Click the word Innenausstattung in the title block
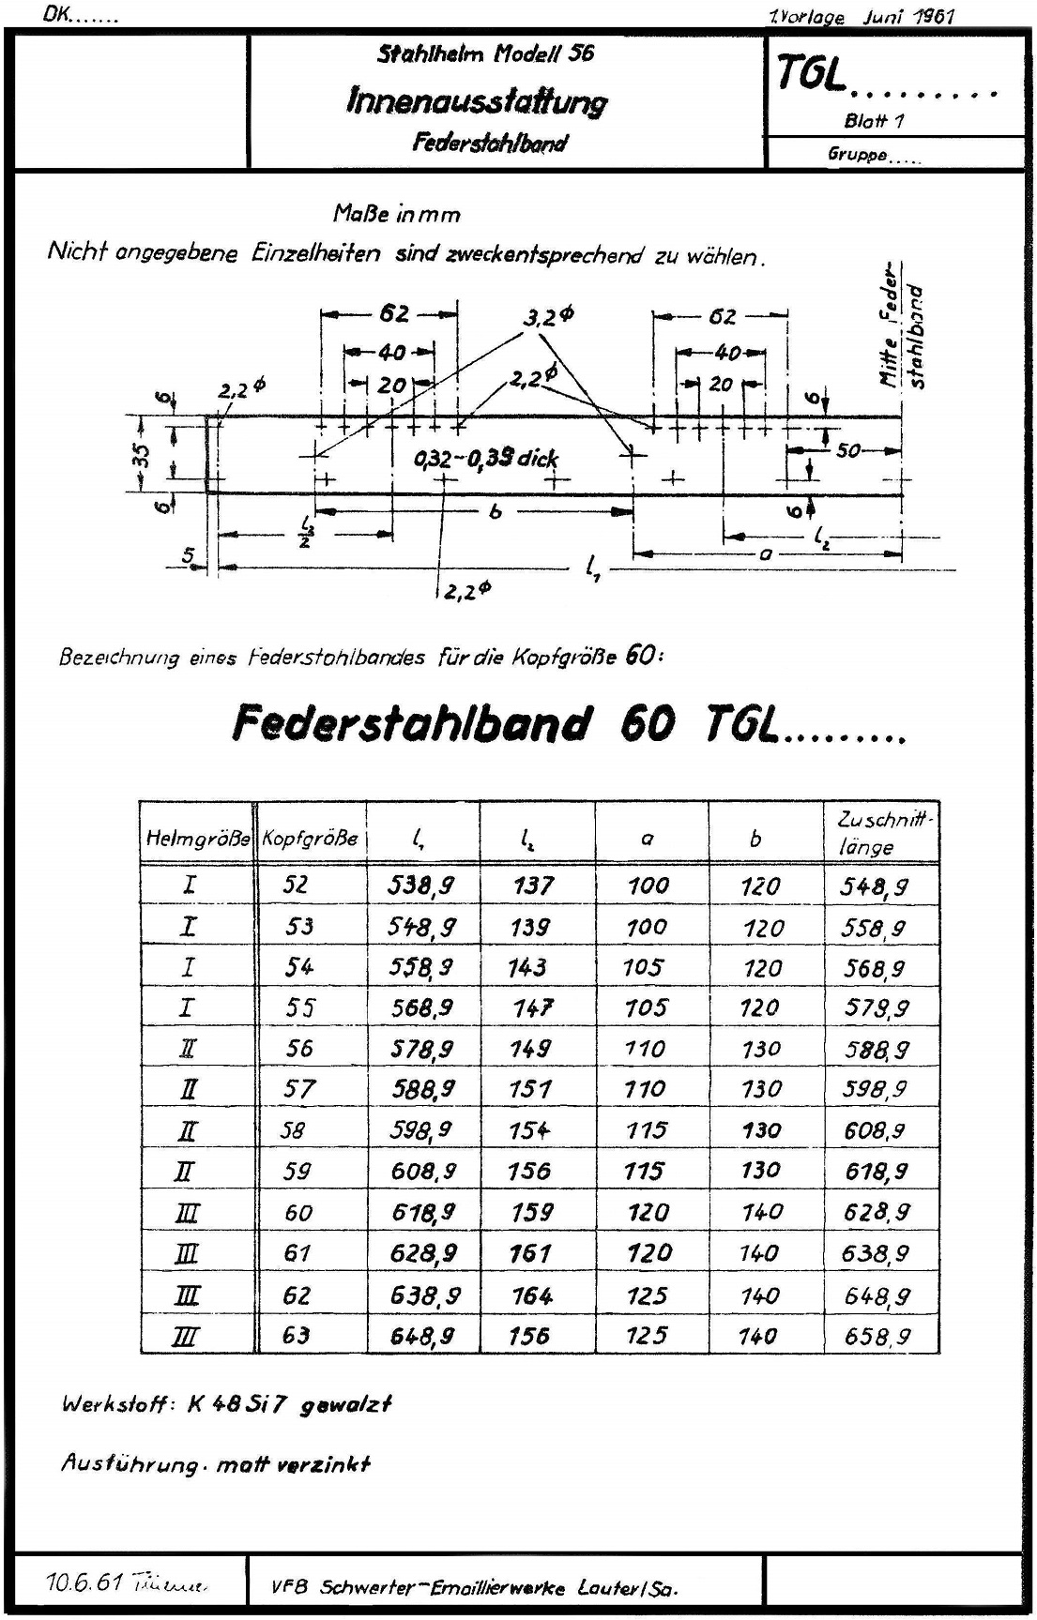(x=477, y=100)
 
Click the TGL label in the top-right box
(x=811, y=76)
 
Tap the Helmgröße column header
(x=198, y=838)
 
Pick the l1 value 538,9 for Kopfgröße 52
(x=423, y=884)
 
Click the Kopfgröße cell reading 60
(x=298, y=1212)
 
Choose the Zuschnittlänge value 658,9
(x=877, y=1336)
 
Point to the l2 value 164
(x=532, y=1295)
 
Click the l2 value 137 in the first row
(x=533, y=885)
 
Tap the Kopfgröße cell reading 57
(x=299, y=1089)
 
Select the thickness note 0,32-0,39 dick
(x=486, y=459)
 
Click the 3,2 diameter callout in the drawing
(x=547, y=318)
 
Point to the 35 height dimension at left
(x=140, y=454)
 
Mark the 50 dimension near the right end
(x=847, y=451)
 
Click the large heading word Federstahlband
(x=413, y=722)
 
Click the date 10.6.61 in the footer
(x=84, y=1582)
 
